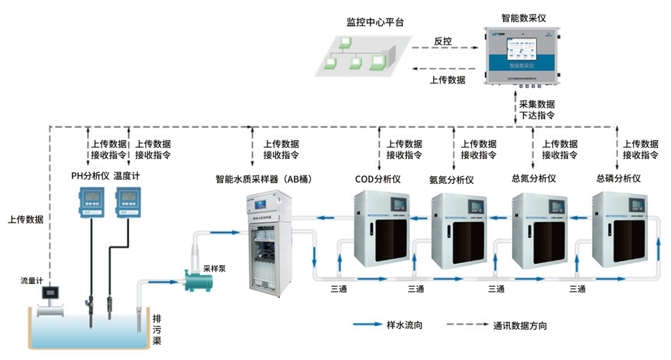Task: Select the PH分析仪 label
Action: (91, 176)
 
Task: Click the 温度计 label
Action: (127, 176)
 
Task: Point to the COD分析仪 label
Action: (378, 179)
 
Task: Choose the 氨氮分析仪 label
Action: (451, 180)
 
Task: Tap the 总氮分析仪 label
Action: (534, 178)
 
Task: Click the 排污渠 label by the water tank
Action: (157, 330)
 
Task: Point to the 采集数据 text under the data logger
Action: (537, 104)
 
